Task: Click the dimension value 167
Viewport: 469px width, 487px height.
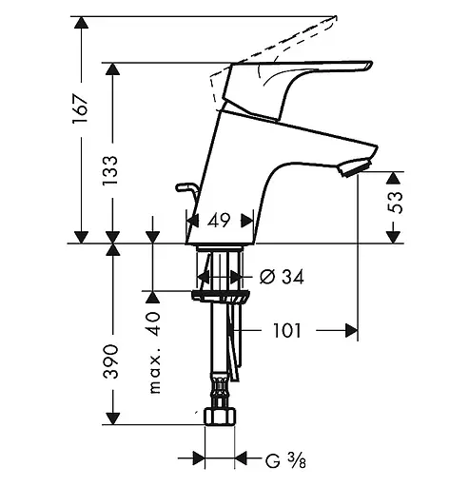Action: tap(80, 108)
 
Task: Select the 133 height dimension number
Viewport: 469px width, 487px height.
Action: tap(110, 170)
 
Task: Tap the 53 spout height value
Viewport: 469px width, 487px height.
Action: tap(395, 203)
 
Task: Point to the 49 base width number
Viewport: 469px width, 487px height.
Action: tap(219, 220)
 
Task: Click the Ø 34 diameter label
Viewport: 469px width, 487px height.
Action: tap(282, 277)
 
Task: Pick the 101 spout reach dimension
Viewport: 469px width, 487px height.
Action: tap(287, 331)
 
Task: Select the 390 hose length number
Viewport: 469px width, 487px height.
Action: tap(110, 361)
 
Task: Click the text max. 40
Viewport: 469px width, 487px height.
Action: tap(155, 353)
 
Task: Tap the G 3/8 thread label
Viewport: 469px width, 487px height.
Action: tap(285, 460)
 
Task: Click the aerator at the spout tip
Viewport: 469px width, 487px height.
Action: tap(355, 168)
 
